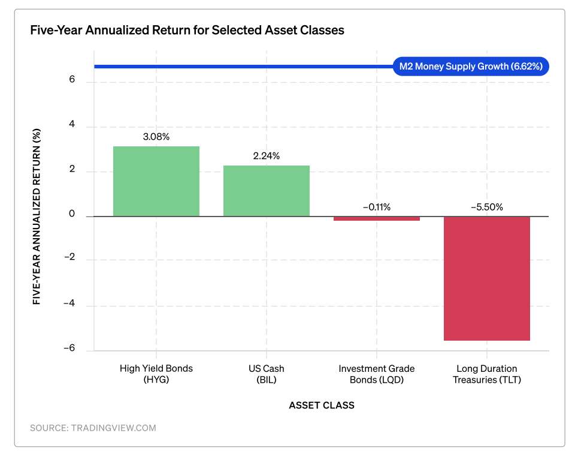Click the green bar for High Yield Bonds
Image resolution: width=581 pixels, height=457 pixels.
point(156,181)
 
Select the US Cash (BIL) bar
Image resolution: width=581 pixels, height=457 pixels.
point(267,191)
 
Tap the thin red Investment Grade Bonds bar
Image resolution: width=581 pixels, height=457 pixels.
point(377,218)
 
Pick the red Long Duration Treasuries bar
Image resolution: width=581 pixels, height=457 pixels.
point(487,278)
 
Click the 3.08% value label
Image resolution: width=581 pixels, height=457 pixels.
point(156,137)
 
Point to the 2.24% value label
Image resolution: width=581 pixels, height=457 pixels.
point(267,156)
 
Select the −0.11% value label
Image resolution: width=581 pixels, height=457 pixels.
point(377,207)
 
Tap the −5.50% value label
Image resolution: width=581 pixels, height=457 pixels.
point(487,207)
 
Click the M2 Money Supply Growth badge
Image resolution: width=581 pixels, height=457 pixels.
point(471,67)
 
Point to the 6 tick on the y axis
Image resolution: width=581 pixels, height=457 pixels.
point(72,79)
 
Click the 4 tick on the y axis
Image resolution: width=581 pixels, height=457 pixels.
point(72,124)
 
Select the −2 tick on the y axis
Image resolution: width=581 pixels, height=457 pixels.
point(69,257)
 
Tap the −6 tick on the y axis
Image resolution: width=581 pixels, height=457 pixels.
point(69,348)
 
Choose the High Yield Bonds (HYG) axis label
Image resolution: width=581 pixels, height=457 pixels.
point(156,374)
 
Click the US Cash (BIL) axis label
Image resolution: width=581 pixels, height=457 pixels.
point(267,374)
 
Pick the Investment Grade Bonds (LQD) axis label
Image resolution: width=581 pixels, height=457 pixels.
point(377,374)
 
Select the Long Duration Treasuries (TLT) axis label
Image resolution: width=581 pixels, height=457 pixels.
point(487,374)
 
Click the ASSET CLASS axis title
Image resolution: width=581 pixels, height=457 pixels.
point(322,405)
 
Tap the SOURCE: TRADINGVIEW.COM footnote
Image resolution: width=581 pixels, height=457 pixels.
point(93,428)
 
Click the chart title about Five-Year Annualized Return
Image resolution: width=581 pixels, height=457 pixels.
point(187,30)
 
